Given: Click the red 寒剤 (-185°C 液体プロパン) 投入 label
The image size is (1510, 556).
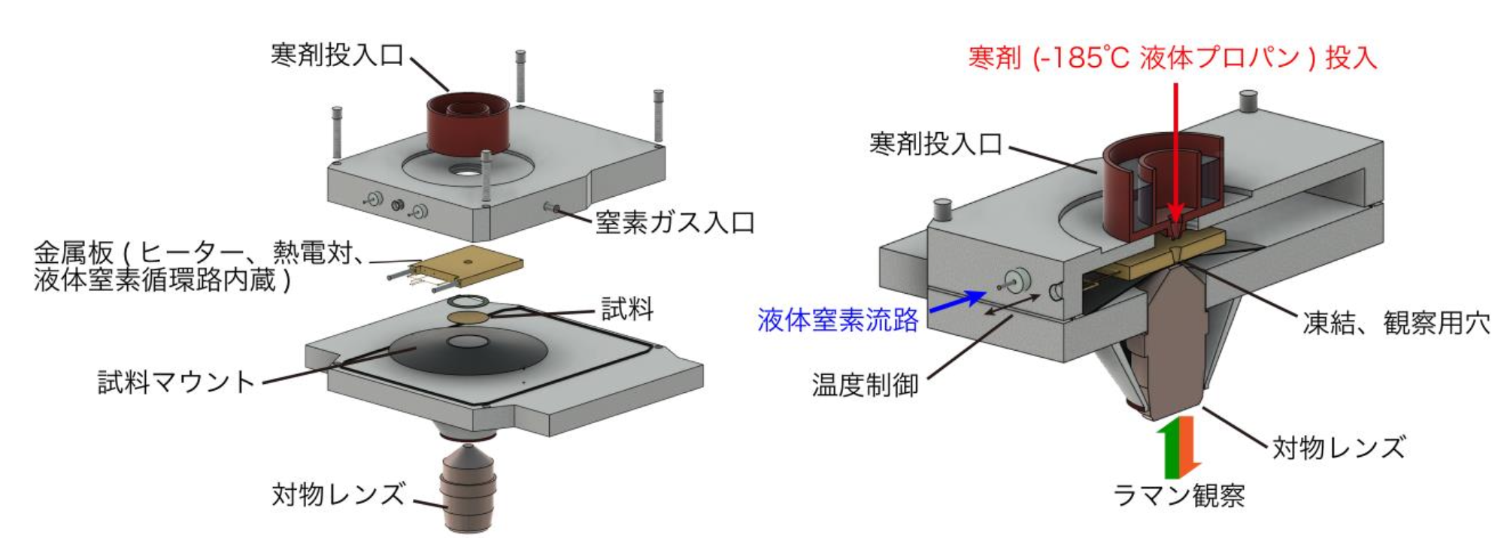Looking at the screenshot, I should click(x=1172, y=58).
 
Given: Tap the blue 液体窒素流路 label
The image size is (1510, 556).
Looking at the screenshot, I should click(x=838, y=320).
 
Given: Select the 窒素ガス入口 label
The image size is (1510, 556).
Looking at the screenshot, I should click(x=675, y=222).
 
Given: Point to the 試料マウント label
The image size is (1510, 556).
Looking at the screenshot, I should click(x=177, y=382).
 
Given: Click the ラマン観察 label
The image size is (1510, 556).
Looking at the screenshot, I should click(x=1178, y=496).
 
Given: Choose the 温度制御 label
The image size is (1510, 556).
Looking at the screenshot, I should click(x=865, y=385).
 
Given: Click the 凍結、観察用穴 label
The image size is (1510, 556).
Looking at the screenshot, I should click(x=1396, y=323).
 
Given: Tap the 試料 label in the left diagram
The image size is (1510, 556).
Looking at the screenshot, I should click(x=627, y=309).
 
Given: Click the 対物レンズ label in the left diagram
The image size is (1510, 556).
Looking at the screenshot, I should click(x=338, y=494).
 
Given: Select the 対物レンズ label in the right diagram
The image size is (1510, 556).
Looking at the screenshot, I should click(x=1339, y=448).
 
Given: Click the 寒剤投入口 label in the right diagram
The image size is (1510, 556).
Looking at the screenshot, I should click(x=935, y=144).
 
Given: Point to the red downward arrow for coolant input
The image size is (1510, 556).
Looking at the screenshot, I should click(x=1176, y=150).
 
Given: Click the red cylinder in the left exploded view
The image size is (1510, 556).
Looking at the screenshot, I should click(x=468, y=124).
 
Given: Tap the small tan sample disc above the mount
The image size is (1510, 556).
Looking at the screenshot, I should click(x=468, y=319).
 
